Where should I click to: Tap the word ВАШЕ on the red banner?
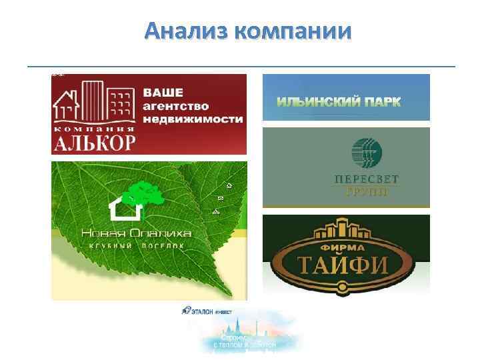(164, 93)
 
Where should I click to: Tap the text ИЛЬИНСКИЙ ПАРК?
(339, 102)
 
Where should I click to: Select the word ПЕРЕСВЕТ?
(361, 178)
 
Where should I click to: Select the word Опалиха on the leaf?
(163, 233)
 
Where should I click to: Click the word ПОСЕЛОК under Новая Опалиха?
(160, 245)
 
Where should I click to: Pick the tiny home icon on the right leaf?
(229, 185)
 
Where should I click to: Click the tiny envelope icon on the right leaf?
(221, 199)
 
